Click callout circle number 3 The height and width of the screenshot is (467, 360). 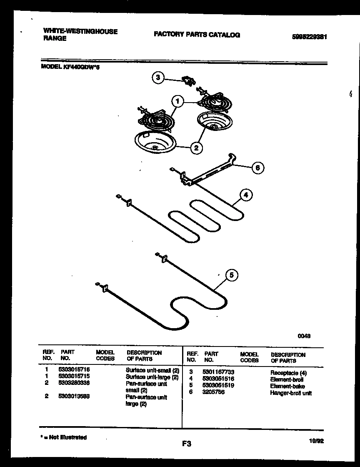158,78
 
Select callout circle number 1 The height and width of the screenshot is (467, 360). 178,101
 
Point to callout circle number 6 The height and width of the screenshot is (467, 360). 257,168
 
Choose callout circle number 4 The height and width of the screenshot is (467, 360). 246,195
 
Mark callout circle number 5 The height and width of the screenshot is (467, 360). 232,275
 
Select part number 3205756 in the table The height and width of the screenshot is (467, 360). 213,392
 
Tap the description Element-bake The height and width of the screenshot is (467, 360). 287,386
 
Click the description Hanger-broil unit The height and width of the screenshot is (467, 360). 290,393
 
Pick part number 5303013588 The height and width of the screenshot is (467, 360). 74,397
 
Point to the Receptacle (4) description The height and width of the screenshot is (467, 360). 288,373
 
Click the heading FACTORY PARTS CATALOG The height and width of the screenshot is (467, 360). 197,35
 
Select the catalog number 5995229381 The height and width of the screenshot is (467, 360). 309,37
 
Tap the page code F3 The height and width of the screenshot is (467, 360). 186,444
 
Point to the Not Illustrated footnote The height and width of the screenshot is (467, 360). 63,437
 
